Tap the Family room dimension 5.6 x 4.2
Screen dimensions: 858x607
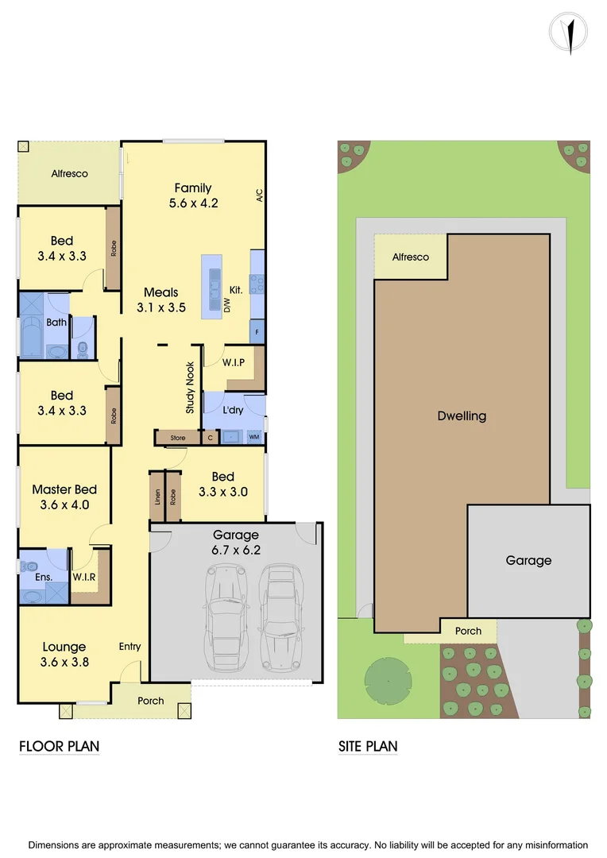(x=193, y=203)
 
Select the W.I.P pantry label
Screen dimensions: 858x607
(x=233, y=362)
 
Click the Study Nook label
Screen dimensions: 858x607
(x=191, y=388)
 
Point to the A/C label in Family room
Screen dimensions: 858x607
(x=259, y=196)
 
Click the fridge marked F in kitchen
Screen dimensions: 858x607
(x=257, y=330)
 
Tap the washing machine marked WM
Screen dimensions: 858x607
(x=253, y=437)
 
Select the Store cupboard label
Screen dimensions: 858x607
(x=178, y=438)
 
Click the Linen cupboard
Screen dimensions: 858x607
(x=157, y=497)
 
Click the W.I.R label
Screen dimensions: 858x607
(x=84, y=577)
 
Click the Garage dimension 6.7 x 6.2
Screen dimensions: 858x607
(x=236, y=549)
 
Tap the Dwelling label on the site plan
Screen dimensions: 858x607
(x=462, y=415)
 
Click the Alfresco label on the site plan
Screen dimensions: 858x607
(x=411, y=257)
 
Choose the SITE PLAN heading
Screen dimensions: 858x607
(x=368, y=746)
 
